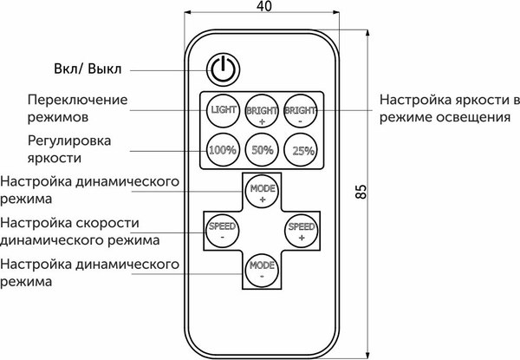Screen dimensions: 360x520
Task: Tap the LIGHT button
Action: pos(223,110)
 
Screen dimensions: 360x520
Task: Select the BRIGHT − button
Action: pos(302,110)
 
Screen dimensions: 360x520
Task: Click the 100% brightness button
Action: pos(223,148)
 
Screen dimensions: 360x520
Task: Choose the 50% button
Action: pos(262,148)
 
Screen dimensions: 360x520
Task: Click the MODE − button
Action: pos(262,268)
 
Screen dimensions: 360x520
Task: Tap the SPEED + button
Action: pos(302,230)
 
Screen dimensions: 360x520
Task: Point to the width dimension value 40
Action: pos(263,8)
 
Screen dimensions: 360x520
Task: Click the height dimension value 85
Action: pos(362,192)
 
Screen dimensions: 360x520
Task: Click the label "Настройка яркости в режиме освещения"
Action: pos(448,109)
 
